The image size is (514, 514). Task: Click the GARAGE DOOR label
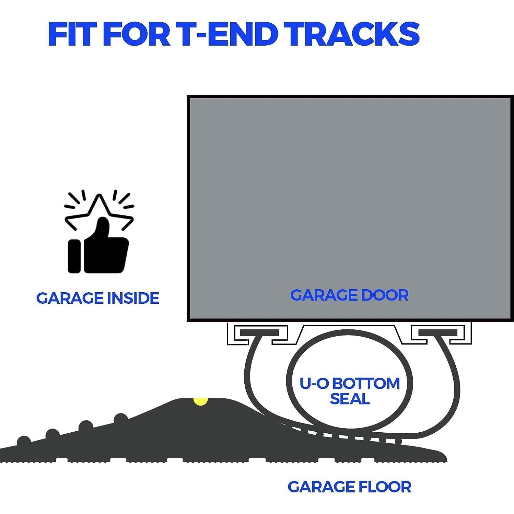tap(349, 295)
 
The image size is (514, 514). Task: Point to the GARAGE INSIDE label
tap(98, 298)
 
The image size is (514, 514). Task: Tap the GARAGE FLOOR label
tap(349, 487)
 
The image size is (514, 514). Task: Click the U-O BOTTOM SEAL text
tap(350, 391)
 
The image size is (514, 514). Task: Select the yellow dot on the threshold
tap(200, 401)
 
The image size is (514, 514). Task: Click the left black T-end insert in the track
tap(259, 332)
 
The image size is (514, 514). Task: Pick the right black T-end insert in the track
tap(438, 332)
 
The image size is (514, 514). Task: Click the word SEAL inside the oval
tap(350, 399)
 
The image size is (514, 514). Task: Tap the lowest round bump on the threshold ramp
tap(24, 441)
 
